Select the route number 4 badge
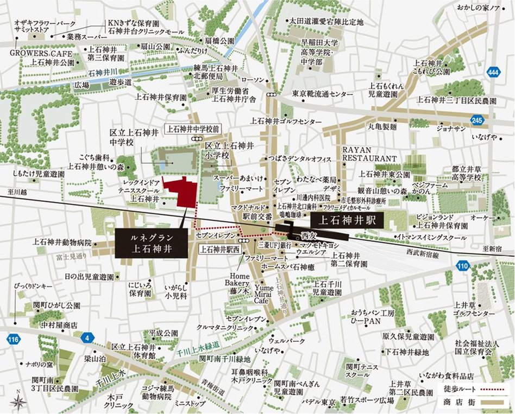[x=85, y=336]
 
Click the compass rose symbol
[x=20, y=401]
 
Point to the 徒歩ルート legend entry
[x=472, y=389]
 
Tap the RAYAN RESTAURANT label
[x=369, y=154]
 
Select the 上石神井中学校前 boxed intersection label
[x=193, y=129]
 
